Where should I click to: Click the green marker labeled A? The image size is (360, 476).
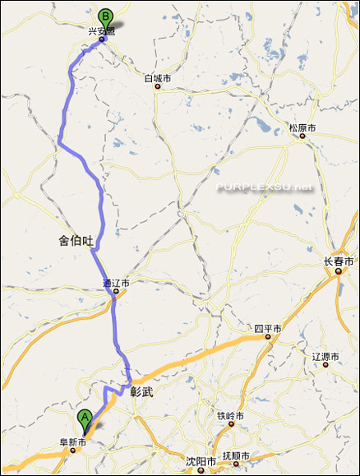pyautogui.click(x=85, y=418)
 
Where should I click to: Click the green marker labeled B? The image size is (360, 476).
pyautogui.click(x=105, y=16)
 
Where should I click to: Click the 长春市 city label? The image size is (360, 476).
pyautogui.click(x=339, y=261)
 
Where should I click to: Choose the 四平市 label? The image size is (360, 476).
pyautogui.click(x=267, y=328)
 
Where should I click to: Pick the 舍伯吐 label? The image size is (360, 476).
pyautogui.click(x=76, y=240)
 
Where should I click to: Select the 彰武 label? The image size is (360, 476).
pyautogui.click(x=142, y=393)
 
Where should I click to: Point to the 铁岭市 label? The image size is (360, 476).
pyautogui.click(x=230, y=416)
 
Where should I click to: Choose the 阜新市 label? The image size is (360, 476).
pyautogui.click(x=72, y=441)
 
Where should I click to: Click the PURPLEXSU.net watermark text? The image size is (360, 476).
pyautogui.click(x=265, y=187)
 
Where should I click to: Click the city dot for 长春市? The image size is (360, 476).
pyautogui.click(x=338, y=272)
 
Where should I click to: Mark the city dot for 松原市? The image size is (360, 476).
pyautogui.click(x=302, y=136)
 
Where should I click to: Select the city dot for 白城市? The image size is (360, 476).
pyautogui.click(x=157, y=86)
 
